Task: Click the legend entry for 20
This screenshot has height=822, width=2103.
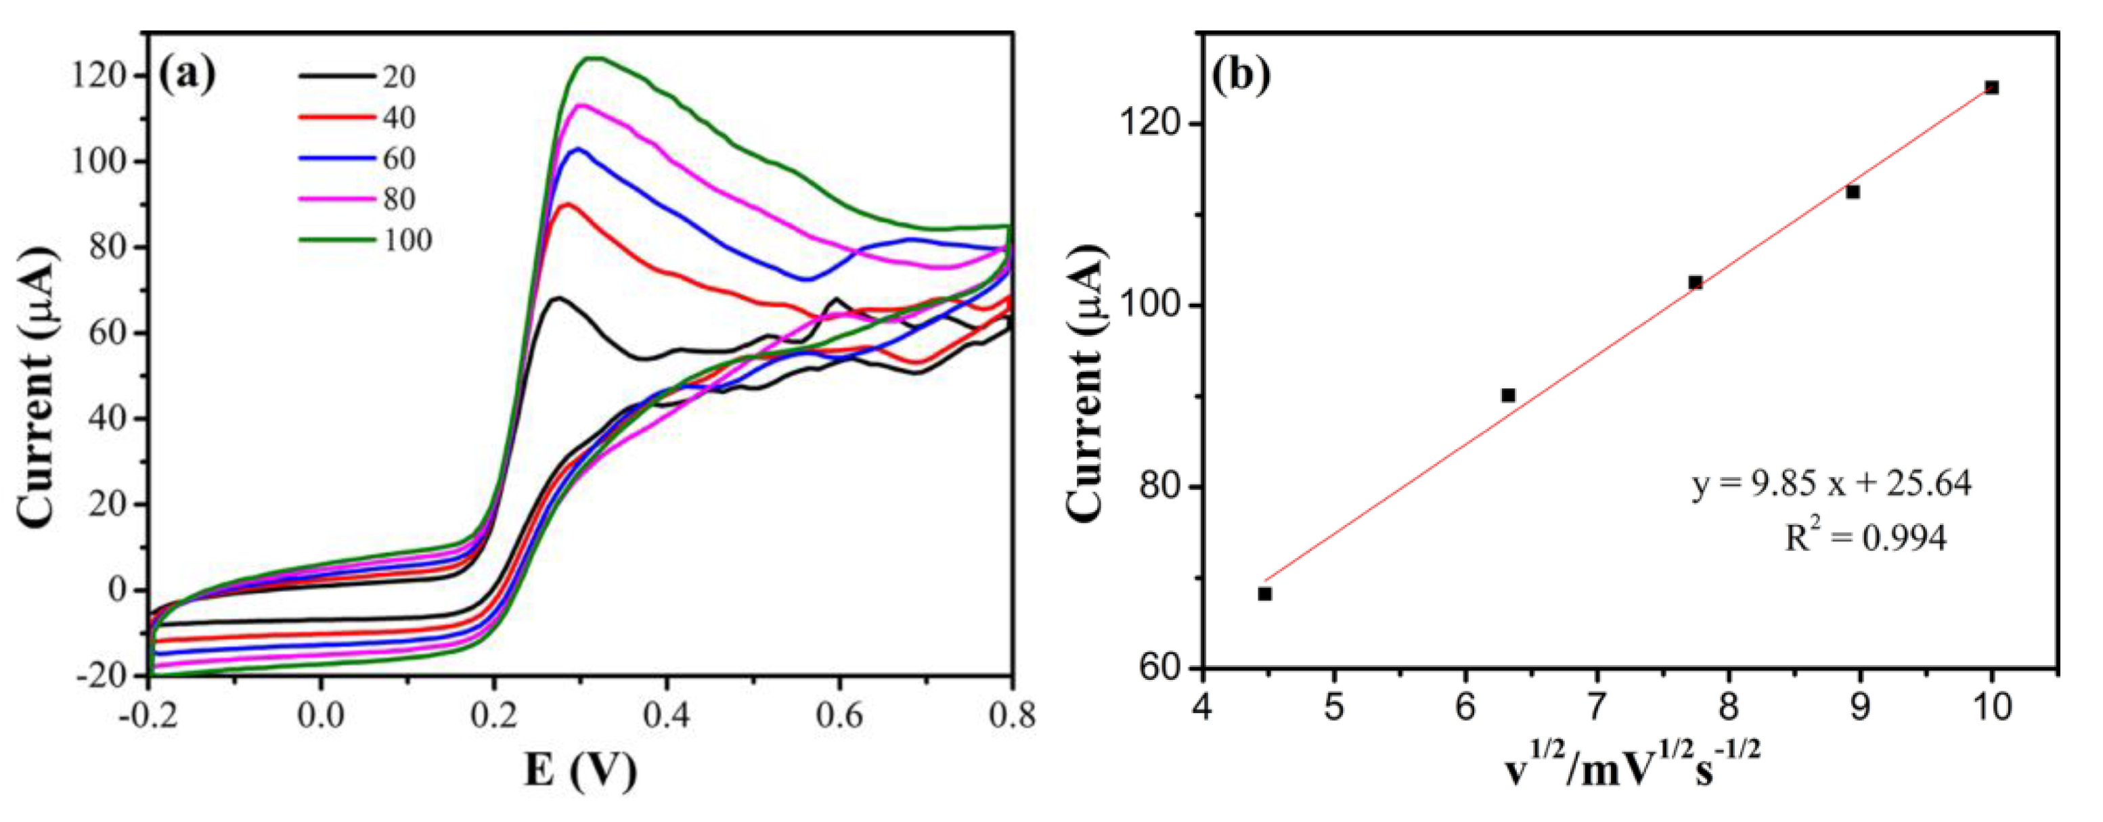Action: tap(359, 76)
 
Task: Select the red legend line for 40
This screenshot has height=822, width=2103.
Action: tap(359, 118)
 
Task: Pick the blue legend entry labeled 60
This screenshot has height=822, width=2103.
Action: tap(359, 158)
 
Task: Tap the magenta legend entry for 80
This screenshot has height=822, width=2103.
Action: tap(359, 199)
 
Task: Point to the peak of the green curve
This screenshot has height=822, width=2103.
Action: tap(594, 58)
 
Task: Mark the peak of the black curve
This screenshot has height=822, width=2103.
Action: tap(558, 298)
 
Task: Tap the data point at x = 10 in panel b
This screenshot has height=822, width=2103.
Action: tap(1991, 87)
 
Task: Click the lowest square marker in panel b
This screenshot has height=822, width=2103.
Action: tap(1264, 593)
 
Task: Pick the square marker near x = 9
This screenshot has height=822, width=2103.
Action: tap(1853, 192)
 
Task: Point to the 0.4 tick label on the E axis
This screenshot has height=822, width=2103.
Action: tap(666, 716)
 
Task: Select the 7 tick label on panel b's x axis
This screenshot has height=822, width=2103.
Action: tap(1597, 708)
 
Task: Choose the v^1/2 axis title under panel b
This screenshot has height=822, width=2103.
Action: tap(1633, 770)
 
